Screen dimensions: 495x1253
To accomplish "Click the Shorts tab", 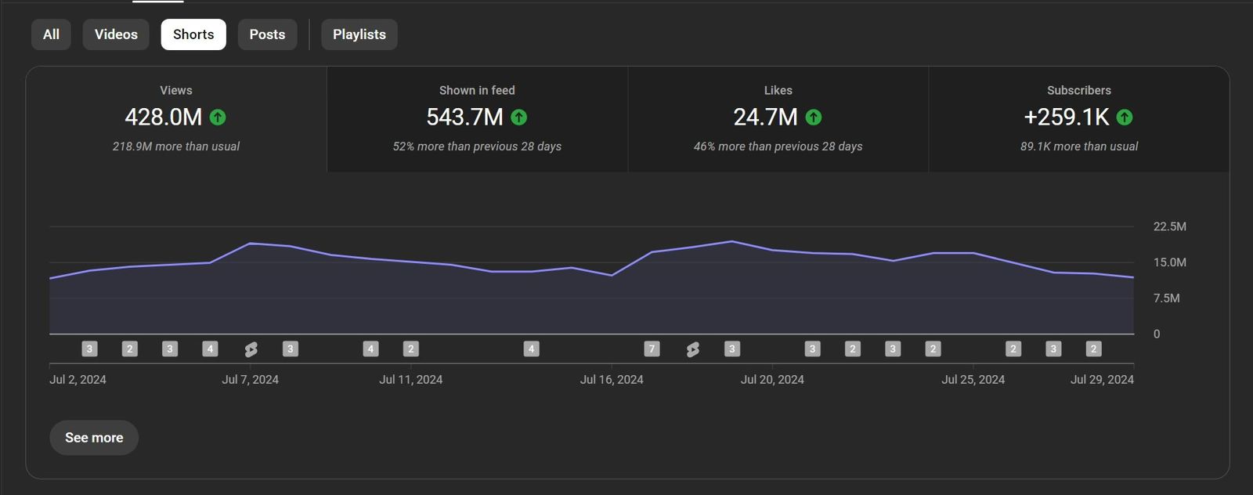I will [193, 34].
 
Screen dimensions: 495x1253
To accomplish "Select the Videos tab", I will [116, 34].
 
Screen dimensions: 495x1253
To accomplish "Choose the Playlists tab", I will [359, 34].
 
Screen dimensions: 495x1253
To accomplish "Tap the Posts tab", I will [267, 34].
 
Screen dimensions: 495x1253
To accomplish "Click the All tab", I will [51, 34].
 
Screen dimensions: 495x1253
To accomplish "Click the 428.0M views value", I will [163, 117].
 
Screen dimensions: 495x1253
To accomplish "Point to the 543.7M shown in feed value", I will [464, 117].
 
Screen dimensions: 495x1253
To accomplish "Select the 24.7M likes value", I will [765, 117].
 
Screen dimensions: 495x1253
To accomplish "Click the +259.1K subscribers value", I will [1066, 117].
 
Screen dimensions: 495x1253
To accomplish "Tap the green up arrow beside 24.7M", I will [814, 117].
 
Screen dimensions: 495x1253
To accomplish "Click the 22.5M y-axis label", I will [1169, 226].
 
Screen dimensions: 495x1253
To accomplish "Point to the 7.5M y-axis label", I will [1166, 298].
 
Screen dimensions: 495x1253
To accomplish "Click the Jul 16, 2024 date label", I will [612, 380].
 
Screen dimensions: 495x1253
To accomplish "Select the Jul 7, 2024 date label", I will [250, 380].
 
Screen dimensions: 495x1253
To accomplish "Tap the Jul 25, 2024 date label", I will [973, 380].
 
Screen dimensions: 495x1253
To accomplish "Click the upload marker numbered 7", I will [652, 349].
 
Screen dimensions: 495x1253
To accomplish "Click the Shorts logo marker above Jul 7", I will [251, 349].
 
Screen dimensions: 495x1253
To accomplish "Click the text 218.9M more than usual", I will [176, 146].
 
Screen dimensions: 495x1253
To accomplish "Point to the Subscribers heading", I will [1078, 90].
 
